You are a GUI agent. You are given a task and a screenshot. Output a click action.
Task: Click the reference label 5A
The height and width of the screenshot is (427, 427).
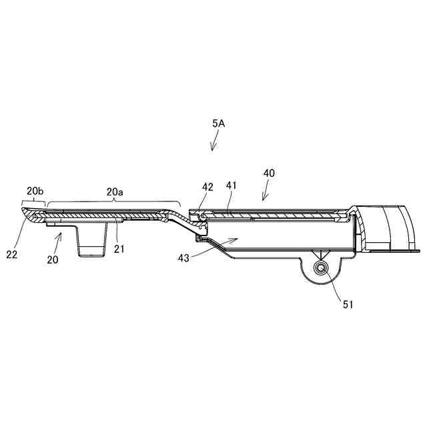pos(218,123)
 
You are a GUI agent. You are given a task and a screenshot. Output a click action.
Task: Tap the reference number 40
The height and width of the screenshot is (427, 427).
pos(269,173)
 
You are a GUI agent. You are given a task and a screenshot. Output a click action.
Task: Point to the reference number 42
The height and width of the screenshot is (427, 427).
pos(207,187)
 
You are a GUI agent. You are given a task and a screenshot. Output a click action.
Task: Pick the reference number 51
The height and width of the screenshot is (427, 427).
pos(348,304)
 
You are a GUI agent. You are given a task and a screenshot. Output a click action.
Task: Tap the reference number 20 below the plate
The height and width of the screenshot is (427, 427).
pos(52,260)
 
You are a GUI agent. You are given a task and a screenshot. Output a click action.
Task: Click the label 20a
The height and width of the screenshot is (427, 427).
pos(115,191)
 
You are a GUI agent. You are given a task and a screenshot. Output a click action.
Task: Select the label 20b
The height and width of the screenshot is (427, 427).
pos(35,191)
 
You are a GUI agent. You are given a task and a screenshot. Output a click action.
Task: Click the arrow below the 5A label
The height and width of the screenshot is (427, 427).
pos(214,142)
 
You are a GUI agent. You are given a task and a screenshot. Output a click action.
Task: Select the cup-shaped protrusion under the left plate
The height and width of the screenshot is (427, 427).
pos(92,240)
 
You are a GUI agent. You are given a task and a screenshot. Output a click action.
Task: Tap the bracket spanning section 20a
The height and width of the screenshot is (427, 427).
pos(113,201)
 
